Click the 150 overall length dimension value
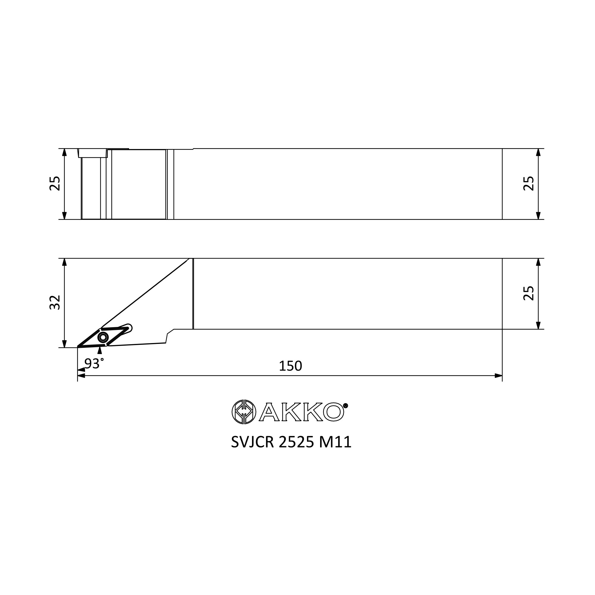click(290, 366)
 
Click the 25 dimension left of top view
click(55, 184)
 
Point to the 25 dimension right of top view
click(528, 184)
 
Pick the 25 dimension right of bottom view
click(528, 293)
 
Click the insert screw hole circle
click(103, 338)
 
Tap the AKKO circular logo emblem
click(244, 412)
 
